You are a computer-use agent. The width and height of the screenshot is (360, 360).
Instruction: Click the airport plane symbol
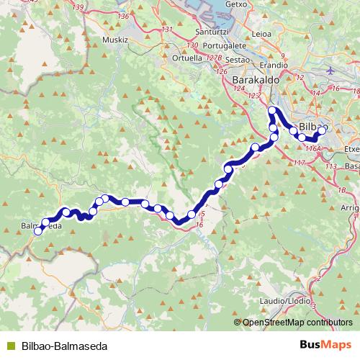click(330, 70)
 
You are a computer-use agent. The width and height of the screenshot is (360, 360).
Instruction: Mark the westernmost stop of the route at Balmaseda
click(38, 230)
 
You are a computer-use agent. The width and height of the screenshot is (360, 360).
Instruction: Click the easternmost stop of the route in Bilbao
click(323, 130)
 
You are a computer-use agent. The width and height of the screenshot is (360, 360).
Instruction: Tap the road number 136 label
click(123, 16)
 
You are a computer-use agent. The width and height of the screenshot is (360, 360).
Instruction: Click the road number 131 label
click(168, 30)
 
